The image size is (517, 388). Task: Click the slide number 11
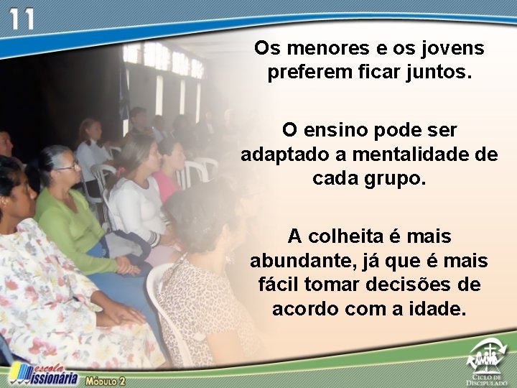(22, 19)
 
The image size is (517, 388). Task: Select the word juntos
(439, 73)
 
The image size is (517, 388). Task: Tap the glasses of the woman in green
(68, 167)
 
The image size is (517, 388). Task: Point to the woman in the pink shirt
(169, 176)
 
